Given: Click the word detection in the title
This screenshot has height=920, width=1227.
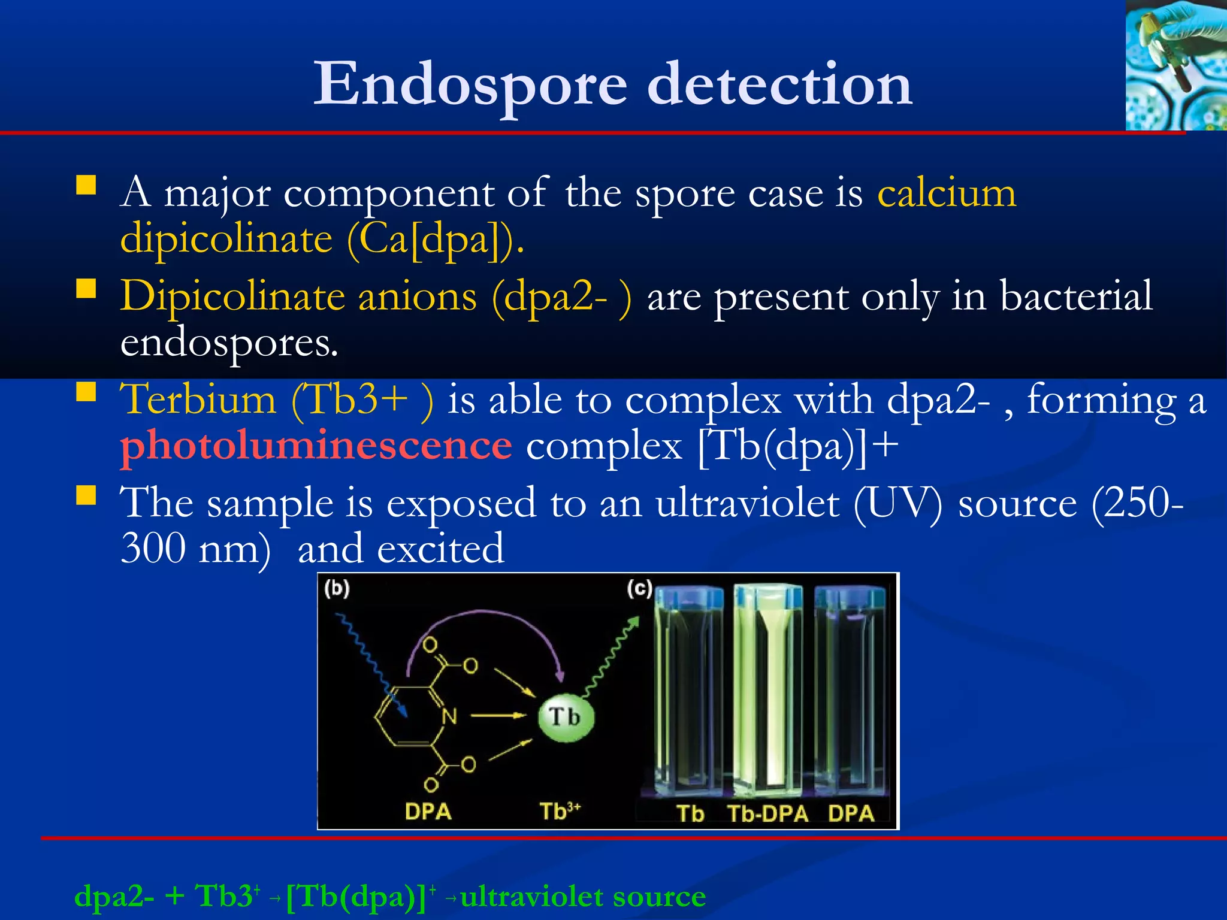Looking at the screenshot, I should click(779, 85).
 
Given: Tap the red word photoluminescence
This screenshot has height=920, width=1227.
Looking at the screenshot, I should click(316, 446).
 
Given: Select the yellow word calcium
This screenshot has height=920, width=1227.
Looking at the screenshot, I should click(947, 194).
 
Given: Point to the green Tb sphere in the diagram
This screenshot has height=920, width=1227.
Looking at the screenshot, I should click(566, 717).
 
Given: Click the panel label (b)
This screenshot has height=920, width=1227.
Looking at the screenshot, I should click(337, 589).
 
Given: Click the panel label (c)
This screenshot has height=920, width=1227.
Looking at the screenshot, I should click(639, 589).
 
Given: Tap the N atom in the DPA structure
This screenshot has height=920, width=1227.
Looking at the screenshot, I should click(449, 716).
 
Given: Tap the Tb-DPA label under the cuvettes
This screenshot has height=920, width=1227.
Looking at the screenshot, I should click(767, 814).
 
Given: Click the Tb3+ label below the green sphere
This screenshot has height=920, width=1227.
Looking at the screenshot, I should click(560, 811).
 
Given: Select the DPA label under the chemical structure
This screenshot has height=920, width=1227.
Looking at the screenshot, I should click(428, 812).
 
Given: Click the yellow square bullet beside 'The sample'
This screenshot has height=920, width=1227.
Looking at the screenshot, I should click(86, 496).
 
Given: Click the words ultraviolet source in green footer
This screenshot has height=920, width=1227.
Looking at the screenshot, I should click(583, 897).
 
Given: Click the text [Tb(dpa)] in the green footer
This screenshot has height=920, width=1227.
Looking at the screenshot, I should click(356, 897).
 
